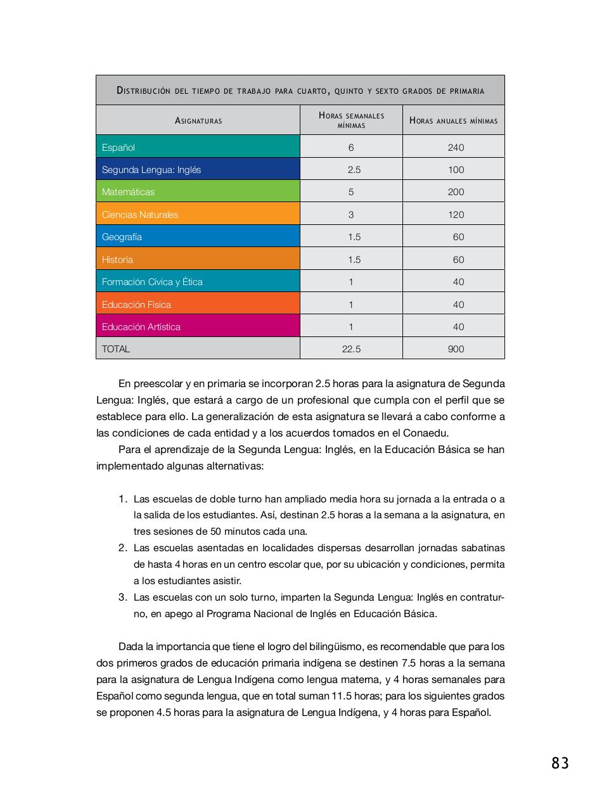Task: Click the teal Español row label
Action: point(119,148)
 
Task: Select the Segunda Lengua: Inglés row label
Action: point(151,170)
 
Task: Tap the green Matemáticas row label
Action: point(128,192)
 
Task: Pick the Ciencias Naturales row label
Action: point(140,215)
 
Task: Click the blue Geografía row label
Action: point(122,237)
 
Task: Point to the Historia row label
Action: point(117,260)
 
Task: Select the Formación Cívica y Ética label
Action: point(152,282)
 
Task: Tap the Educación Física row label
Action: point(136,305)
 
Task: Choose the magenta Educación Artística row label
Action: point(141,327)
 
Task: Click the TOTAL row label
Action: point(115,349)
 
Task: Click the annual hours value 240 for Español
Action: point(456,148)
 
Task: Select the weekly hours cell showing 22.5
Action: point(351,349)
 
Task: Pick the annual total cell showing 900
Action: point(456,349)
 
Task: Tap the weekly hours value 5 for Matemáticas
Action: point(351,192)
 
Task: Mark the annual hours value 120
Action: point(456,215)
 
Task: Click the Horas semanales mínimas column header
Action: point(351,120)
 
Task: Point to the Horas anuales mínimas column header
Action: point(453,120)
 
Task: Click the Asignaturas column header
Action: point(198,120)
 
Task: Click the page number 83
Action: point(560,763)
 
